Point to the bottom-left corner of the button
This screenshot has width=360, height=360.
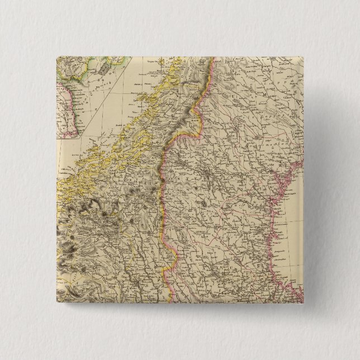[58, 303]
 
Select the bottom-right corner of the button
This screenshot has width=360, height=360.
[303, 303]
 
